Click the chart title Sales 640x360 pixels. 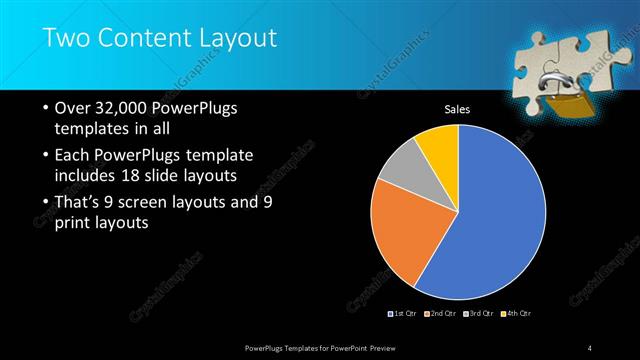tap(457, 109)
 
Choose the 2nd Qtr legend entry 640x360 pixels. tap(444, 314)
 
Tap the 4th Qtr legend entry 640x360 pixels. tap(516, 314)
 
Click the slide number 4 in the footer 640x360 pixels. tap(591, 347)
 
